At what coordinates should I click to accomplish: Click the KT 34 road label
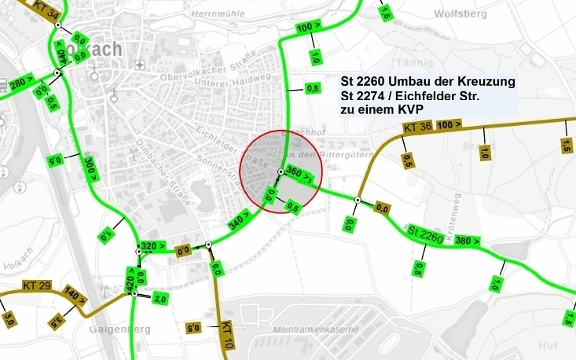click(x=47, y=9)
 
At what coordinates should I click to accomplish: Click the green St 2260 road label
click(x=425, y=232)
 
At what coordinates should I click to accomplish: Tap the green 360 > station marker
click(x=298, y=175)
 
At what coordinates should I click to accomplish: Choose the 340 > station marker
click(x=239, y=221)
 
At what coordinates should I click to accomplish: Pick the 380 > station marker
click(x=467, y=240)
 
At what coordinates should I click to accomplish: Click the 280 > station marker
click(x=22, y=82)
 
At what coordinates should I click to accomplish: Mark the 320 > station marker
click(x=154, y=247)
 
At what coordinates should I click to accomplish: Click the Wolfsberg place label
click(x=460, y=14)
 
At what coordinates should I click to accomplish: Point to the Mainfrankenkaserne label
click(x=315, y=330)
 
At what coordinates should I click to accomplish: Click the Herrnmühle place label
click(x=218, y=14)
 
